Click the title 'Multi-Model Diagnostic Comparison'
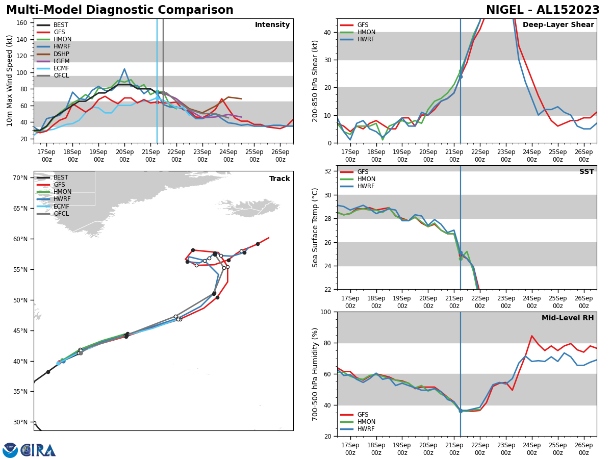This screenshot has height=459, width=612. pos(120,10)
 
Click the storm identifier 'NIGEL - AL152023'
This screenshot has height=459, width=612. pos(543,10)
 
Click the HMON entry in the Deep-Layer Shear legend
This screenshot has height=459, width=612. pos(364,32)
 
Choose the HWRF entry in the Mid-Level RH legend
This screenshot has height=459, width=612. pos(364,429)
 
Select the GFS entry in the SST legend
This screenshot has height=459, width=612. pos(363,172)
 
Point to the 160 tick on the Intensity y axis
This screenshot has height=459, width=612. pos(23,23)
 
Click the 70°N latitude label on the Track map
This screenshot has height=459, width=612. pos(20,177)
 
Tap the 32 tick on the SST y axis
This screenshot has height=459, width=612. pos(328,171)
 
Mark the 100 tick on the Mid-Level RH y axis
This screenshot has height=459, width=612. pos(325,312)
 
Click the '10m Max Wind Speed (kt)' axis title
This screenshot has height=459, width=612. pos(10,81)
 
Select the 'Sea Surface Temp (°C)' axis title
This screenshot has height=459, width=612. pos(315,227)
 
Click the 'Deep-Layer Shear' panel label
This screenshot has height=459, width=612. pos(558,25)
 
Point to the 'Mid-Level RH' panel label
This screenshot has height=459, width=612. pos(567,318)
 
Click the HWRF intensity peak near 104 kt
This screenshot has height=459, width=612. pos(124,69)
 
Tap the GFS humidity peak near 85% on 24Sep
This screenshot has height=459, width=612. pos(532,336)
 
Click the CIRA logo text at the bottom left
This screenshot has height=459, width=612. pos(38,450)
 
